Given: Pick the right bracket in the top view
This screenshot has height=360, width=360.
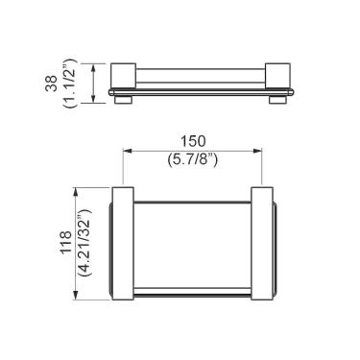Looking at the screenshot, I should pos(266,244).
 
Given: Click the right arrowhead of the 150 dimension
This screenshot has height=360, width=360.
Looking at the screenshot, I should pos(260,152).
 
